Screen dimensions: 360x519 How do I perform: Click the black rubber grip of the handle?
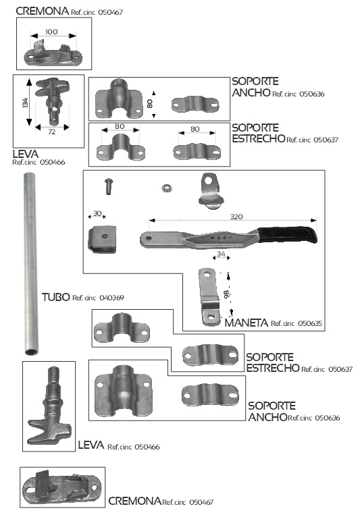(287, 234)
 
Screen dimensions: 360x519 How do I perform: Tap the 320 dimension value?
(236, 217)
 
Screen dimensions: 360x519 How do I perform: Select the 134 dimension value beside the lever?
(25, 103)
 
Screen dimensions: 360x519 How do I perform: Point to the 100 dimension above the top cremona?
(51, 32)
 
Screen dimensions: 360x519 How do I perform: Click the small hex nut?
(167, 188)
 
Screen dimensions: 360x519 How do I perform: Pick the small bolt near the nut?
(109, 186)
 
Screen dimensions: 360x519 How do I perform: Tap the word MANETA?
(246, 323)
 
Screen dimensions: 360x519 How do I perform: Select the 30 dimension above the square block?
(97, 213)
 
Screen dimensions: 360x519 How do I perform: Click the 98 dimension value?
(226, 294)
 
